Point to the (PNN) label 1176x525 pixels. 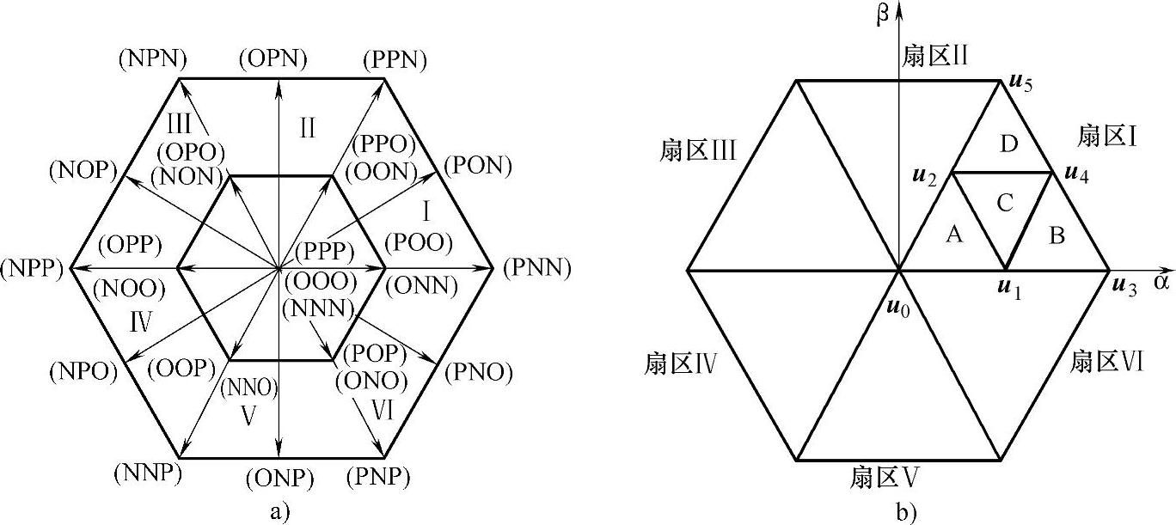click(538, 268)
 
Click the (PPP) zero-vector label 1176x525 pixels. click(324, 252)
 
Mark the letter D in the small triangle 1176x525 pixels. click(1009, 144)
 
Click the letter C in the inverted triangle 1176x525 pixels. click(1005, 203)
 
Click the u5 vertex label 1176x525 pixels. click(1020, 83)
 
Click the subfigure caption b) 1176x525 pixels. click(900, 513)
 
